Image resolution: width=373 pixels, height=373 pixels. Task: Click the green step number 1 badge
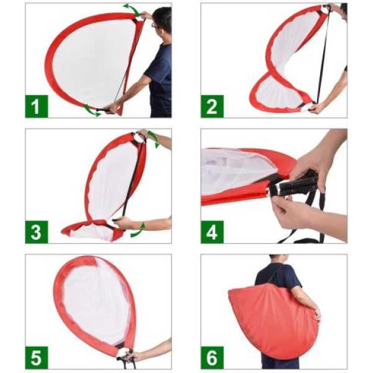[x=37, y=106]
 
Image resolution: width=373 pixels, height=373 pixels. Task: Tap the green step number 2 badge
[x=212, y=106]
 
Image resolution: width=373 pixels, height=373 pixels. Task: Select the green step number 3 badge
[x=37, y=232]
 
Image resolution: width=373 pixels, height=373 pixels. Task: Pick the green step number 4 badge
[x=212, y=232]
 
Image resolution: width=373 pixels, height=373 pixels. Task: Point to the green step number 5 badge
[x=37, y=357]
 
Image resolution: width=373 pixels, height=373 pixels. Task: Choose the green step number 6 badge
[x=212, y=357]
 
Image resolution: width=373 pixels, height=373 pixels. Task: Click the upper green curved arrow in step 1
[x=132, y=9]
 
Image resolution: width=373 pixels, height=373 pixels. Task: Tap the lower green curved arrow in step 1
[x=91, y=111]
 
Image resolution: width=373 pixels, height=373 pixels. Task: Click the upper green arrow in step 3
[x=154, y=138]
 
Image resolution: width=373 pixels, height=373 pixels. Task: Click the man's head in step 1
[x=162, y=21]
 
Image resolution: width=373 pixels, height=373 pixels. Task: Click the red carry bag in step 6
[x=274, y=320]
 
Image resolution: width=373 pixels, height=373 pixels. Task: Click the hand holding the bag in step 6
[x=316, y=315]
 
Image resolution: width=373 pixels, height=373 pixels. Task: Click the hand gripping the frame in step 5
[x=130, y=354]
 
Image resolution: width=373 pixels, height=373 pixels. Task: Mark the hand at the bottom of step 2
[x=316, y=108]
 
